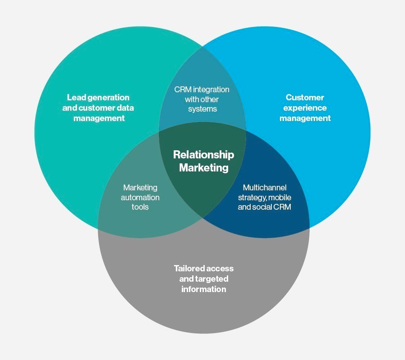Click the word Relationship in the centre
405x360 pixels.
pos(203,155)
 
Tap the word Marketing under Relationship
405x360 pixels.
pos(203,168)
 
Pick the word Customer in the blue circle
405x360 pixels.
pos(305,97)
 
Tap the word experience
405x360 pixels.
pos(305,108)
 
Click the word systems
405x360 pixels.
pos(202,109)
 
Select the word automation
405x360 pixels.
pos(140,197)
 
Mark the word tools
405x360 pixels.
pos(140,207)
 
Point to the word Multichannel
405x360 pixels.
pos(265,187)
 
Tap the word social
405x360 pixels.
pos(267,207)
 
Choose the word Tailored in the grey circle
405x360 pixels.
pos(190,269)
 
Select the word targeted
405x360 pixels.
pos(212,279)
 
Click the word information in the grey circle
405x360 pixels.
pos(203,289)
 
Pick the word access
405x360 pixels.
pos(221,269)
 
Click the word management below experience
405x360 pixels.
pos(305,118)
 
